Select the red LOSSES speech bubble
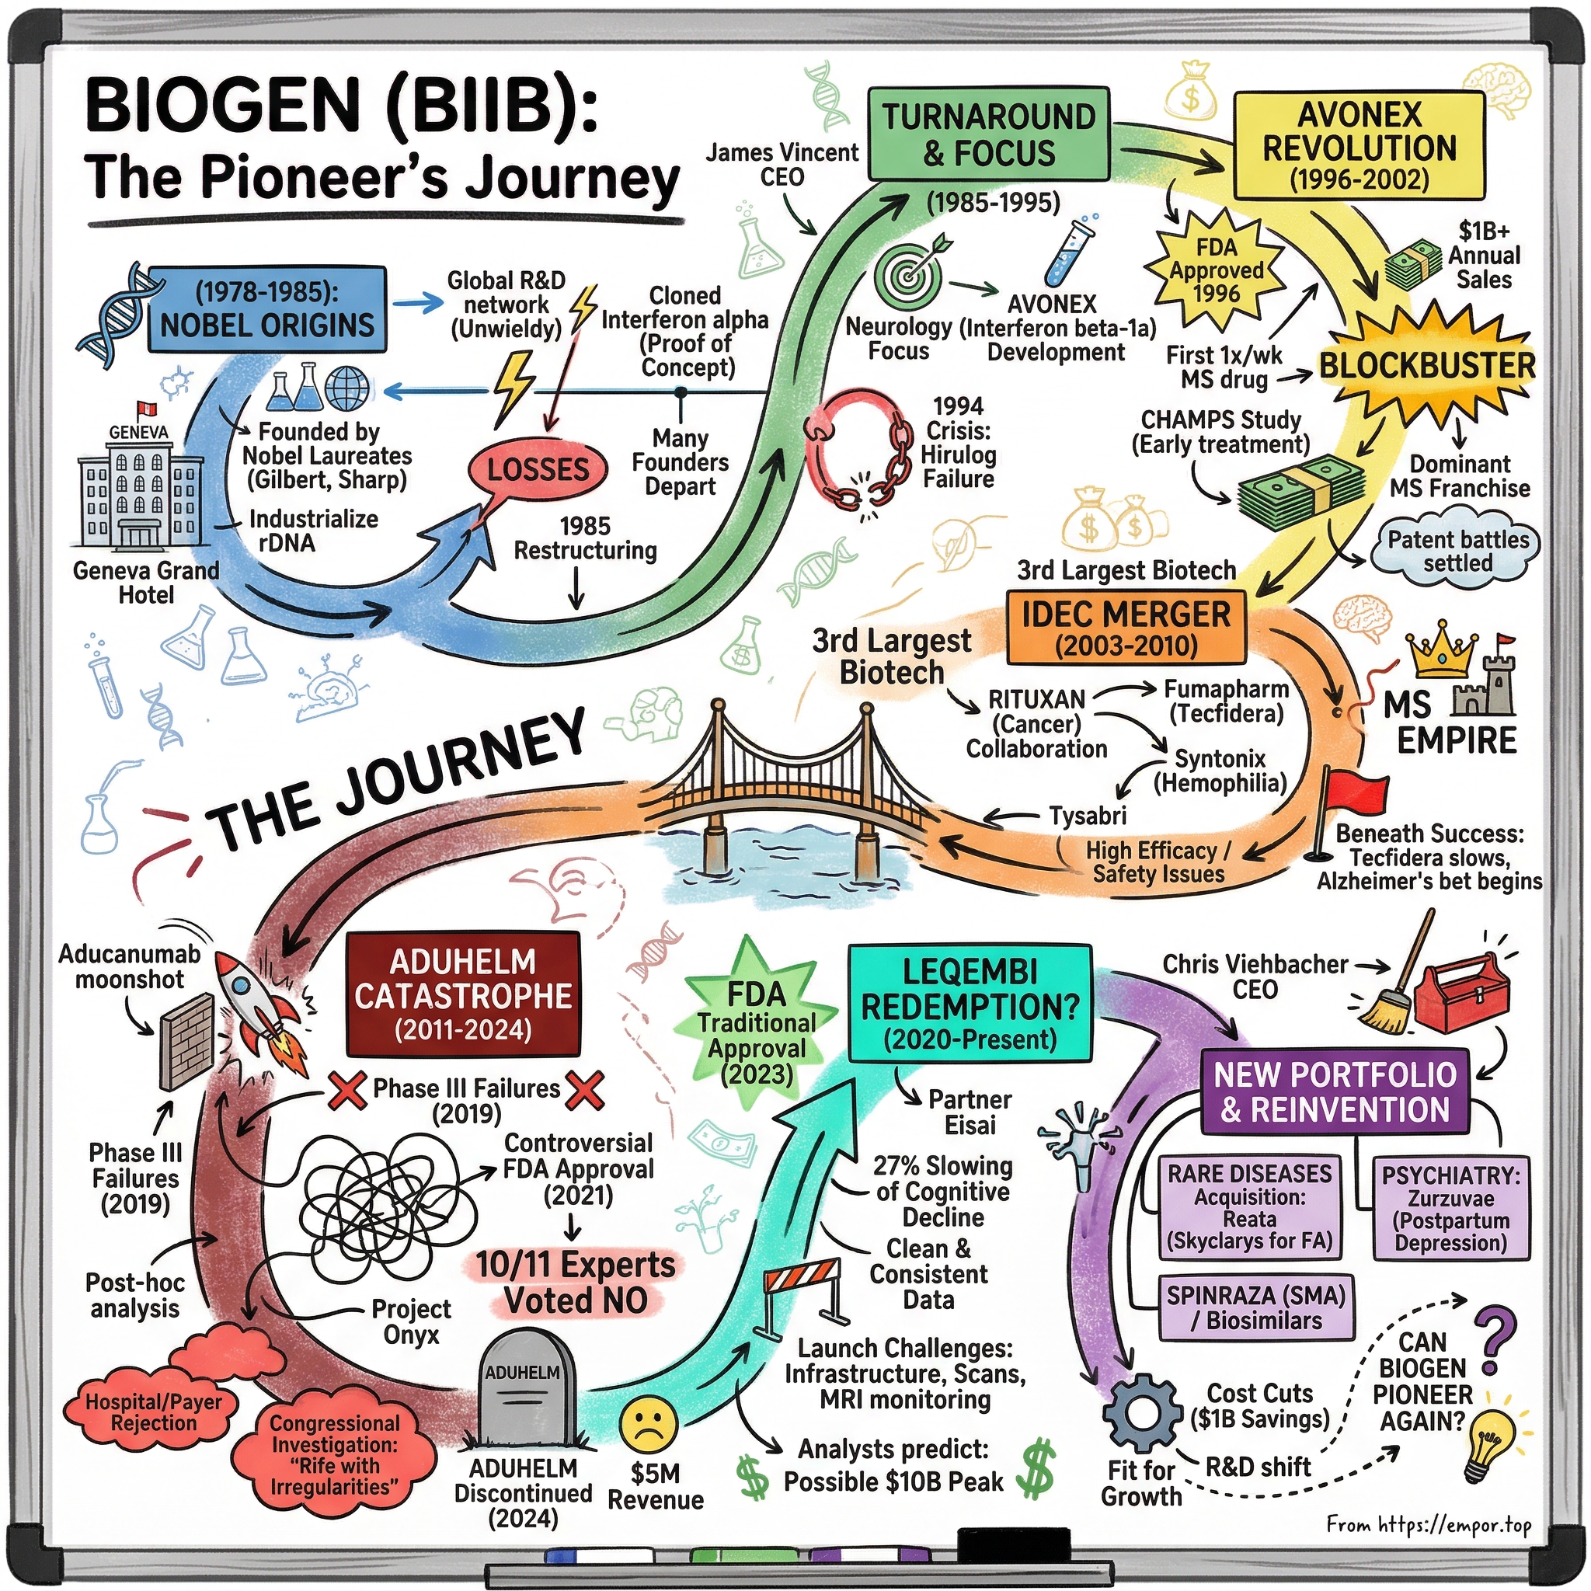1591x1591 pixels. (x=537, y=469)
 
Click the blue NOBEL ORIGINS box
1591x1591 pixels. (x=268, y=310)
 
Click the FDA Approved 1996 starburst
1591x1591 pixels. (x=1217, y=270)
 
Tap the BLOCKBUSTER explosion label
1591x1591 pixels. (x=1427, y=366)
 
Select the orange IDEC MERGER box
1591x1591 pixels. (x=1126, y=627)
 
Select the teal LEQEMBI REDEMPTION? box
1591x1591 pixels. (x=970, y=1004)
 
